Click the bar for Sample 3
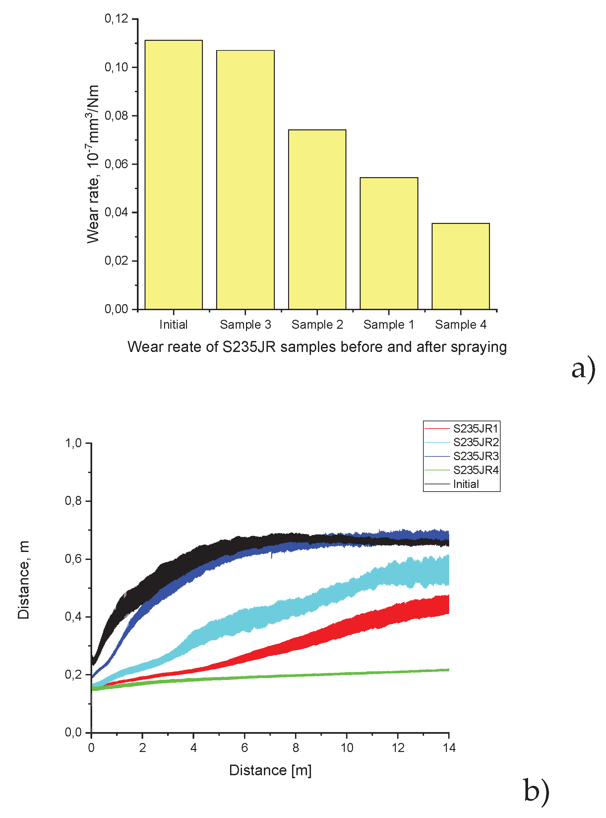pyautogui.click(x=245, y=180)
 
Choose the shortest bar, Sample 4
pyautogui.click(x=460, y=266)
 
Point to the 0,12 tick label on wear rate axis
pyautogui.click(x=116, y=18)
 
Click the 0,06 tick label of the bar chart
pyautogui.click(x=116, y=164)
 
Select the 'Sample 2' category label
pyautogui.click(x=317, y=325)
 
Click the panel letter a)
pyautogui.click(x=583, y=369)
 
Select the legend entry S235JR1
pyautogui.click(x=475, y=429)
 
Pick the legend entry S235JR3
pyautogui.click(x=475, y=456)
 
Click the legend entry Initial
pyautogui.click(x=466, y=484)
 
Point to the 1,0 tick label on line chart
pyautogui.click(x=73, y=443)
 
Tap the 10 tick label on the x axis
pyautogui.click(x=347, y=748)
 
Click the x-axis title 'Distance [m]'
pyautogui.click(x=271, y=770)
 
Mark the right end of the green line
pyautogui.click(x=448, y=670)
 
